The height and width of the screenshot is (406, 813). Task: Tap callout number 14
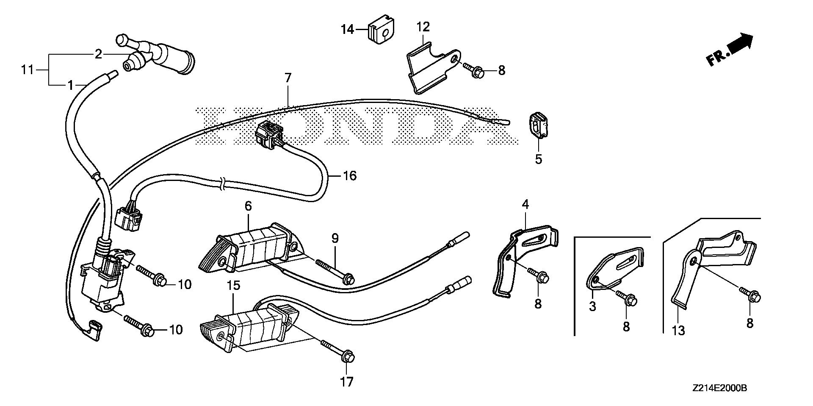348,30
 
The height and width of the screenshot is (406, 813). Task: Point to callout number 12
423,27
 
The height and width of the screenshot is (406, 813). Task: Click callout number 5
538,160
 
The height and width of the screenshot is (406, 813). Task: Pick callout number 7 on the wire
288,78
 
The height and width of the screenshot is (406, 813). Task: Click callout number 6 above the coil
248,206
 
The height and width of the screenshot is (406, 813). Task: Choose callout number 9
335,238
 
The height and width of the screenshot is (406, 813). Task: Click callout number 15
233,286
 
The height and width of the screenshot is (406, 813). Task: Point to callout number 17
346,382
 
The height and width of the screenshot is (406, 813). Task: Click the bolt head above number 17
347,357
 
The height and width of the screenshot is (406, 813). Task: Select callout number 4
525,205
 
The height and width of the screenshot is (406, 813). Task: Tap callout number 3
592,306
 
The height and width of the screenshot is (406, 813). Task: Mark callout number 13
678,330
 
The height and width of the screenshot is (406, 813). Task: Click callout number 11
28,70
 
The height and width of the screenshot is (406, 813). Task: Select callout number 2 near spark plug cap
98,54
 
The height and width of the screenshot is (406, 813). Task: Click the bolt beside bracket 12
475,70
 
